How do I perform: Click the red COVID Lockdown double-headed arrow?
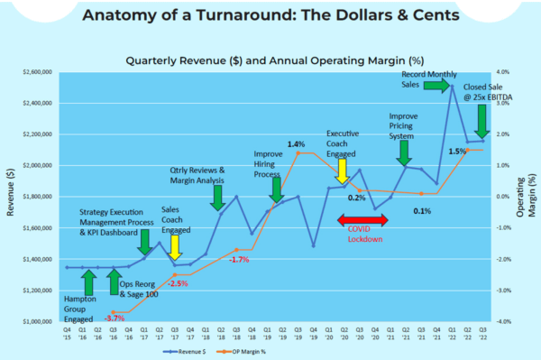pyautogui.click(x=362, y=220)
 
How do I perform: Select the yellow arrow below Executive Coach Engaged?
pyautogui.click(x=342, y=171)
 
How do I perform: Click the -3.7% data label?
pyautogui.click(x=115, y=318)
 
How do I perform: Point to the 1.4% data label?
pyautogui.click(x=296, y=143)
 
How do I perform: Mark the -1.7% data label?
pyautogui.click(x=239, y=260)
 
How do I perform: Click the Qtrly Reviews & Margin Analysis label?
pyautogui.click(x=197, y=175)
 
